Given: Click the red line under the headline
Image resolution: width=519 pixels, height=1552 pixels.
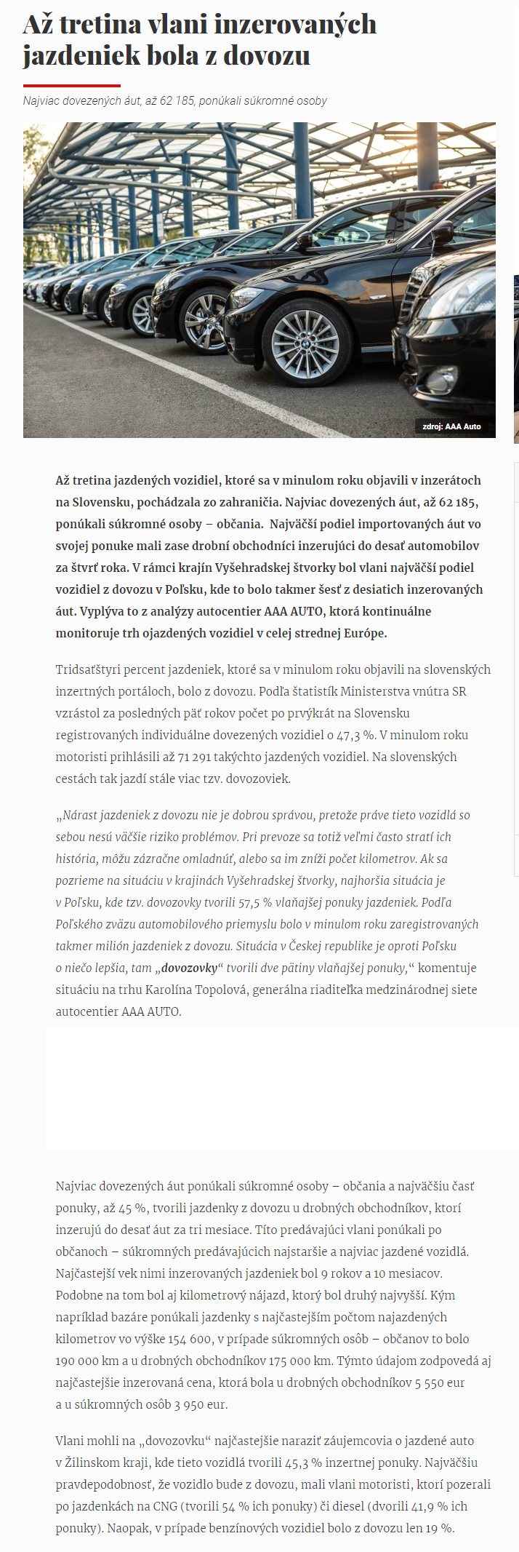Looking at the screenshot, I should [x=71, y=85].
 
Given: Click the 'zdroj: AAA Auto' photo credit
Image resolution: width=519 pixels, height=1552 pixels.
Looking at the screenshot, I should [x=451, y=426].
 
